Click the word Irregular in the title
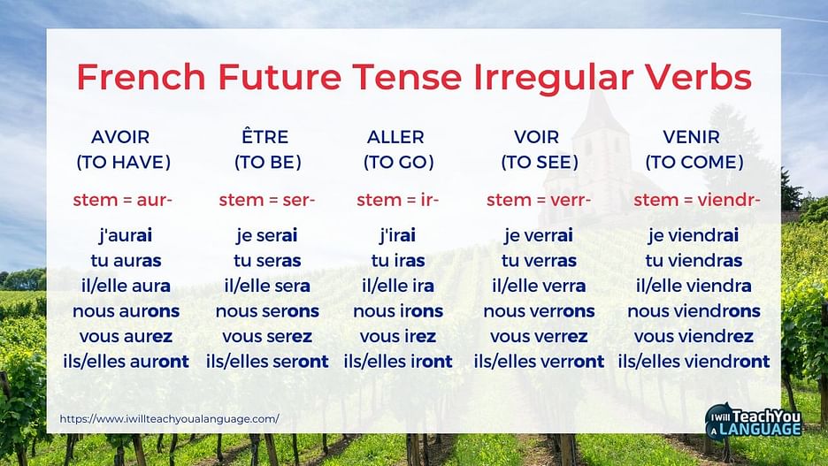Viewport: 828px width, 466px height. (554, 78)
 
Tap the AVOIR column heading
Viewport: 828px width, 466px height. (120, 137)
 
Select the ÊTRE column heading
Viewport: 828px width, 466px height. (265, 136)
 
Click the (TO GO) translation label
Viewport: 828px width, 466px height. (399, 162)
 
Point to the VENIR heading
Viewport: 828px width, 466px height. (691, 137)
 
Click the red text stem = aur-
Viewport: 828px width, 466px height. (122, 200)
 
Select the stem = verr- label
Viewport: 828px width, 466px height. (539, 200)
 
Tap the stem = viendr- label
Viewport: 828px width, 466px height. (697, 200)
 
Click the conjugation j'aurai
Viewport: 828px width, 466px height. (126, 235)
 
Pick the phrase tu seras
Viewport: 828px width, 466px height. (267, 261)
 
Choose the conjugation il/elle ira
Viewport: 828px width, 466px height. (397, 286)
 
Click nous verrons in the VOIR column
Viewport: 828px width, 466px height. (539, 311)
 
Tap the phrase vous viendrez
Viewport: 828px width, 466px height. (694, 337)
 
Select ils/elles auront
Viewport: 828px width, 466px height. (126, 362)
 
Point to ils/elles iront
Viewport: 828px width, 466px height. (398, 362)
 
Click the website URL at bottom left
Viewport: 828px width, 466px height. (170, 419)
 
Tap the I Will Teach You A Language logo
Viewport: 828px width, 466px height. (754, 422)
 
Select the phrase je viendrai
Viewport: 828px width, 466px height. (694, 235)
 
